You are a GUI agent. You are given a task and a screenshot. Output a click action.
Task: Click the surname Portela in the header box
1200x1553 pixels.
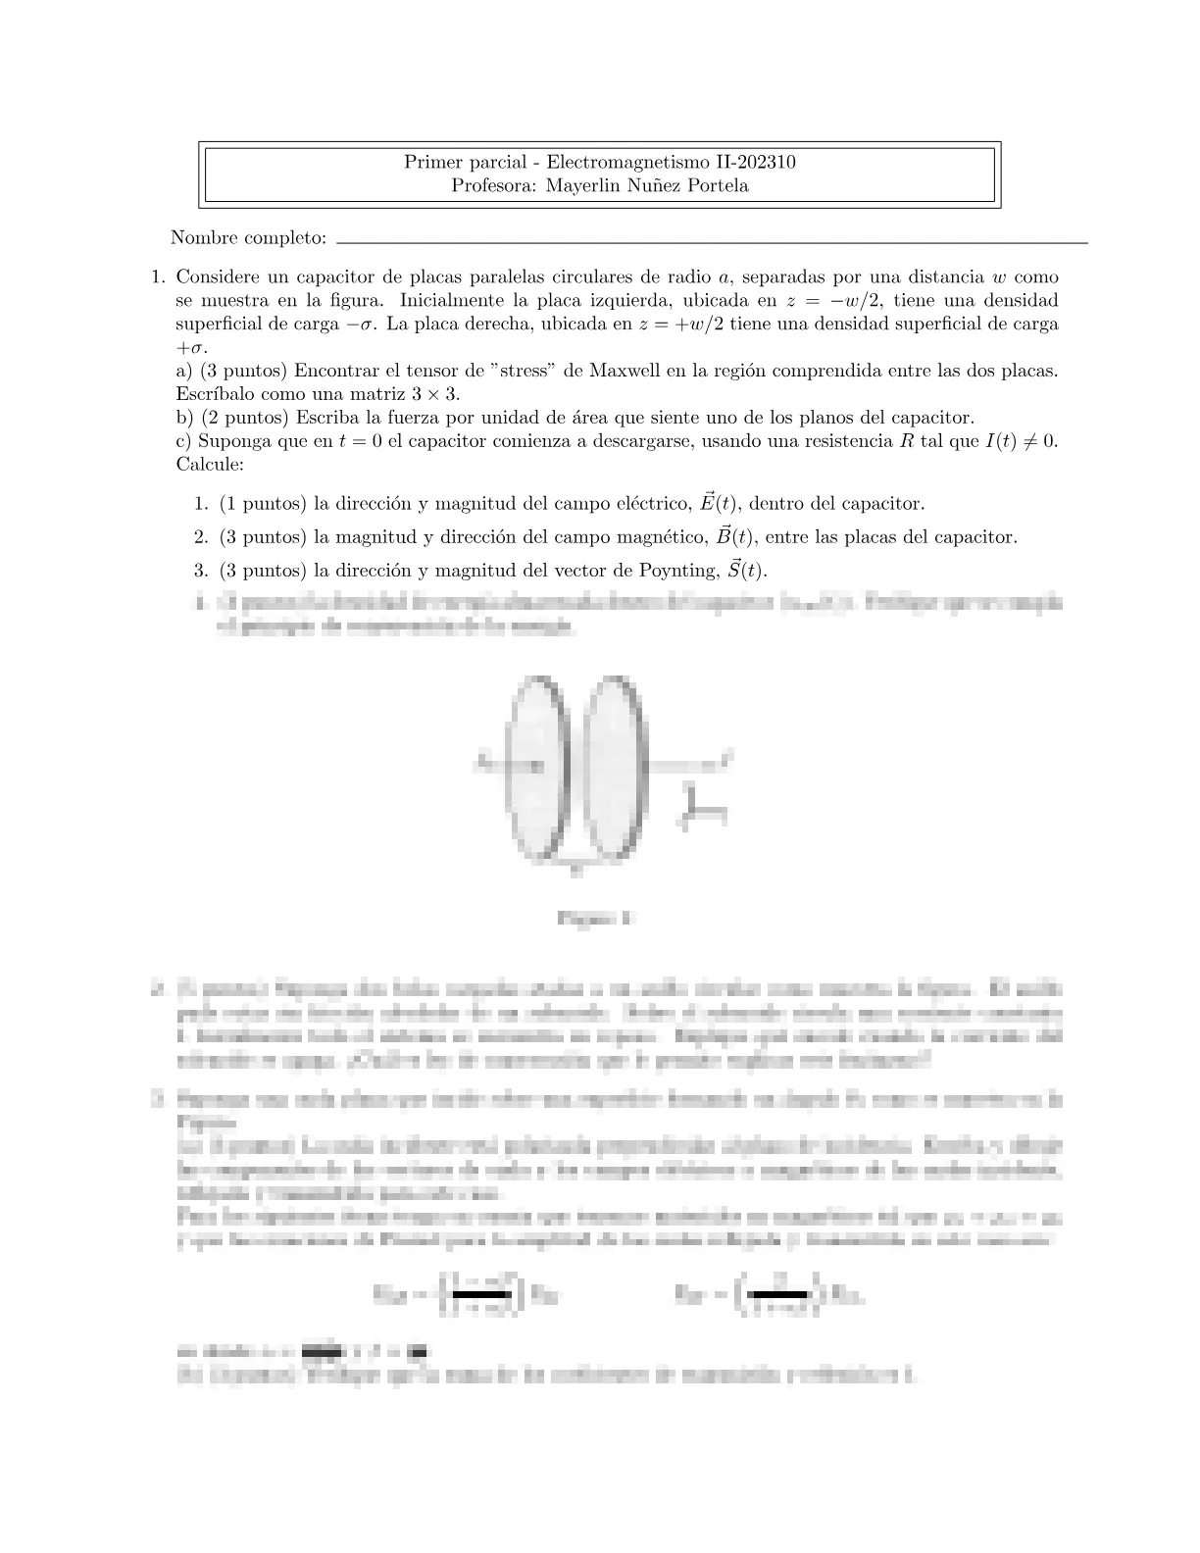pyautogui.click(x=714, y=185)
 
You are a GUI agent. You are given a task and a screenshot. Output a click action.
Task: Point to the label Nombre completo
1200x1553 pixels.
pyautogui.click(x=248, y=237)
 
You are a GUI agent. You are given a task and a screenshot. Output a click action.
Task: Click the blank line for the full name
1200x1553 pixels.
pyautogui.click(x=711, y=240)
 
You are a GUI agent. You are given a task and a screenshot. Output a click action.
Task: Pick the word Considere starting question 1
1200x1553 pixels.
pyautogui.click(x=217, y=276)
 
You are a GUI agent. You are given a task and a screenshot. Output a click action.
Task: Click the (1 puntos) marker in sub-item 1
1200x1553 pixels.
pyautogui.click(x=262, y=504)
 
